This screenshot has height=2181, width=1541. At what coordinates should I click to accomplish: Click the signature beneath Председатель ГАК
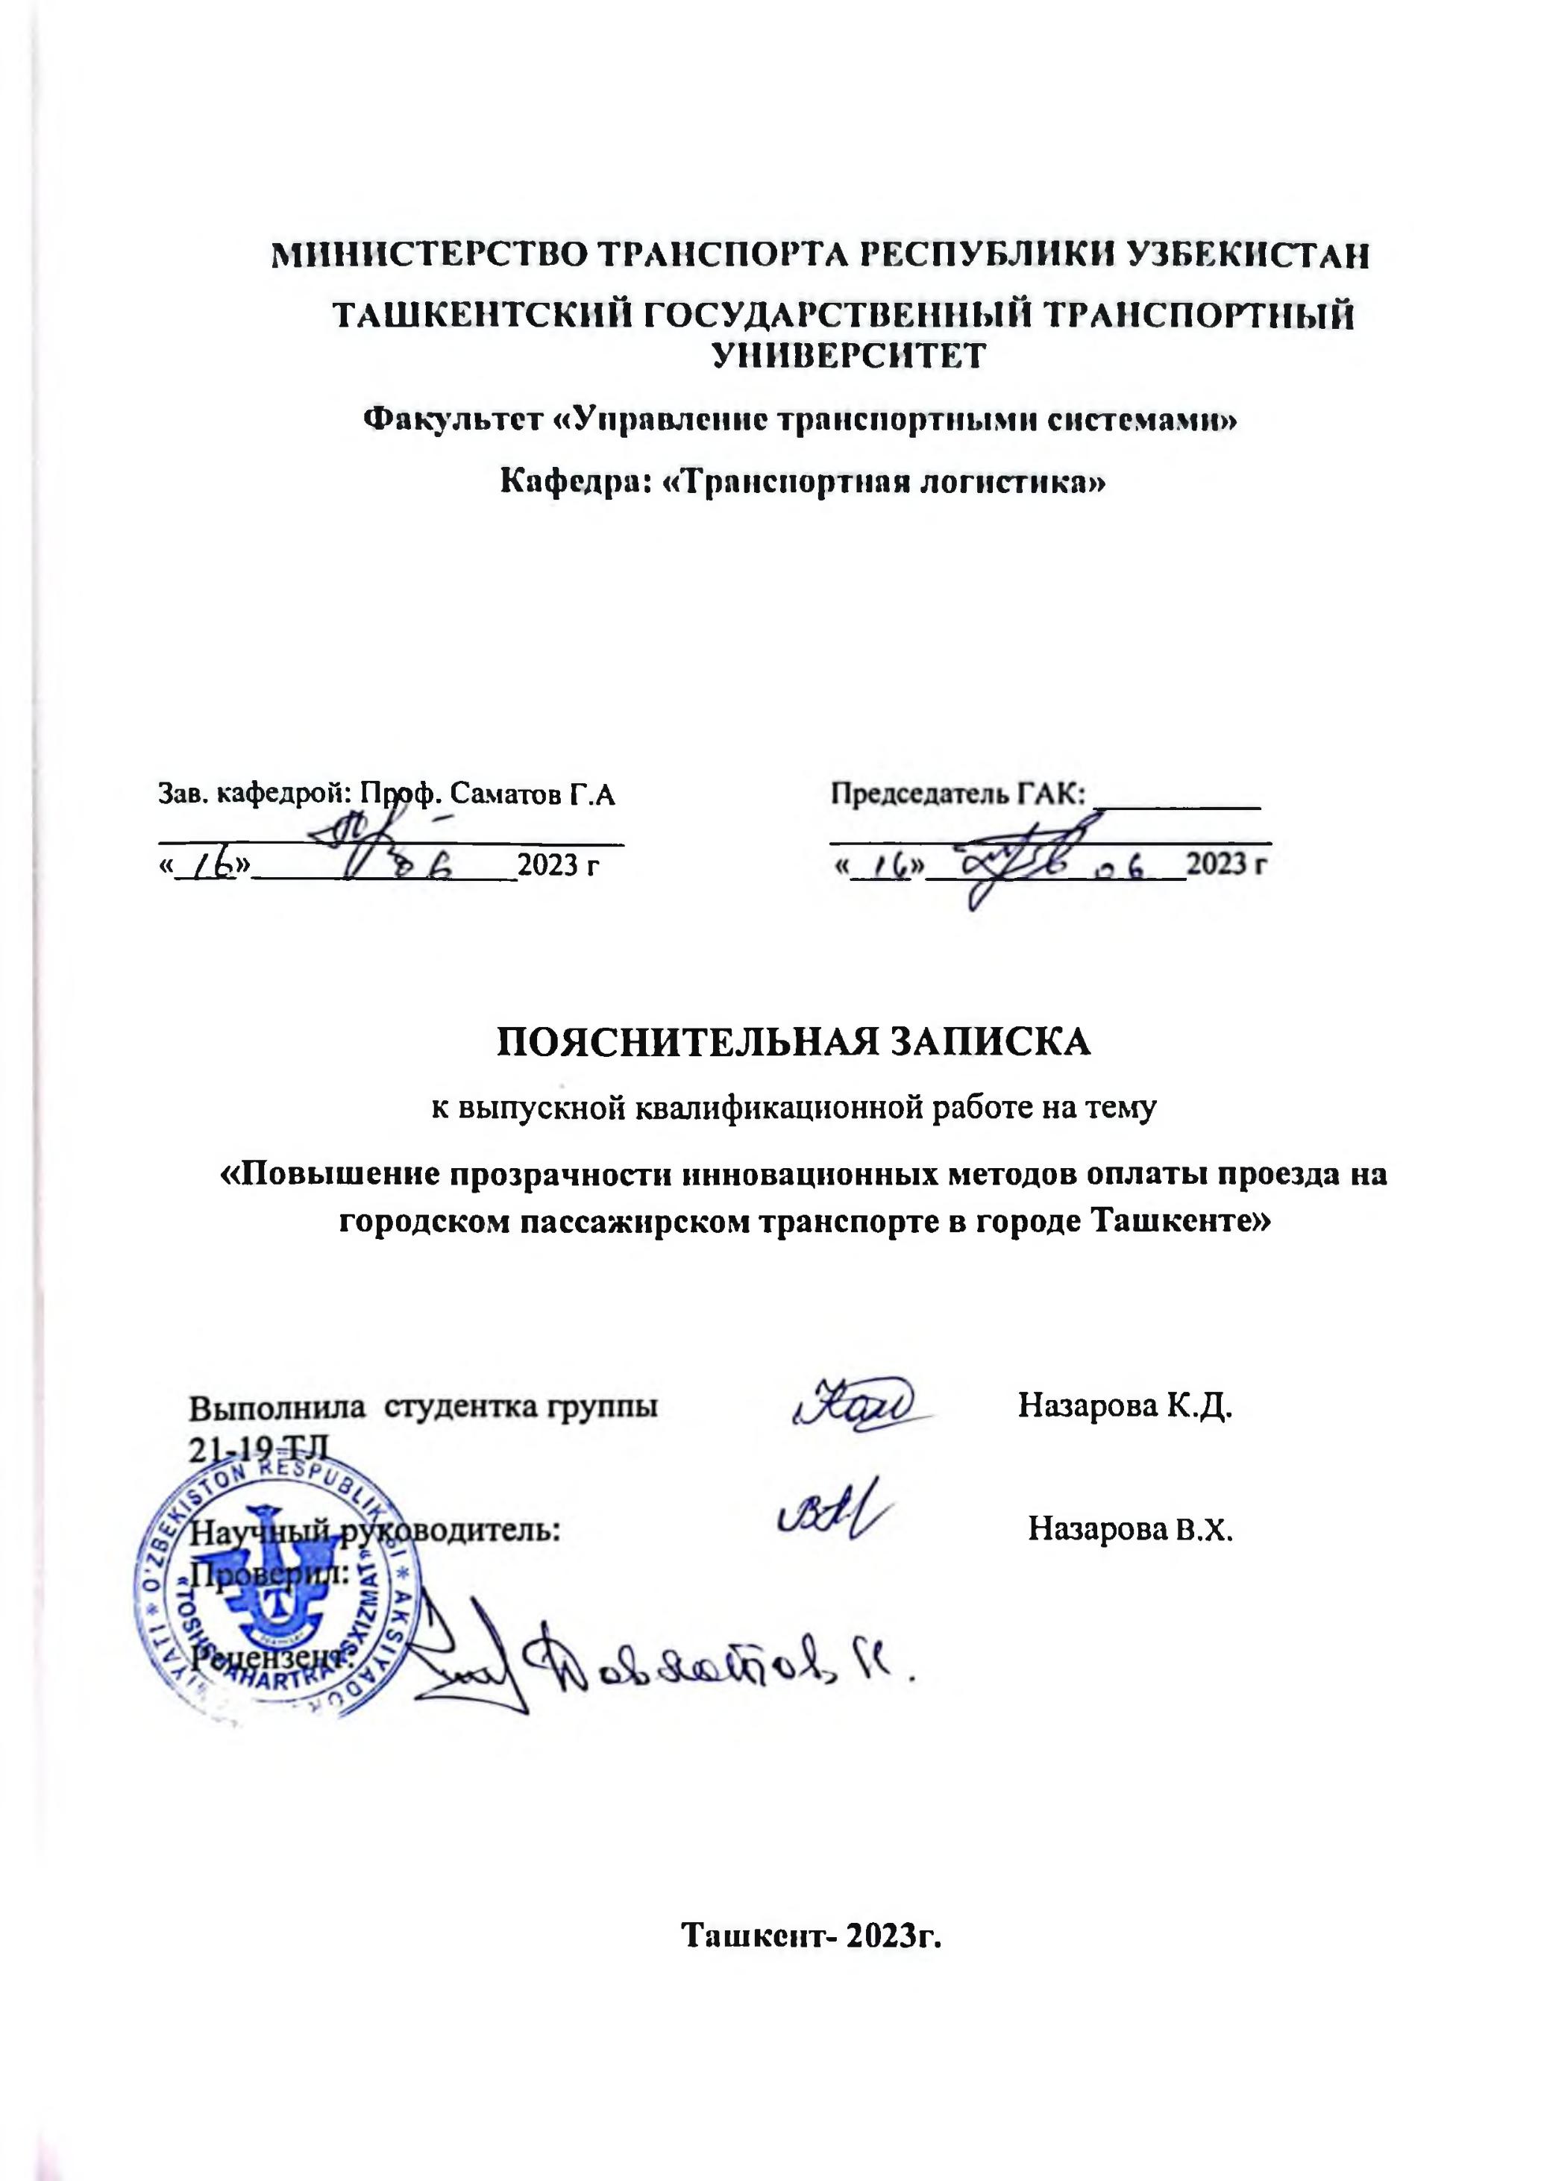1017,860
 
